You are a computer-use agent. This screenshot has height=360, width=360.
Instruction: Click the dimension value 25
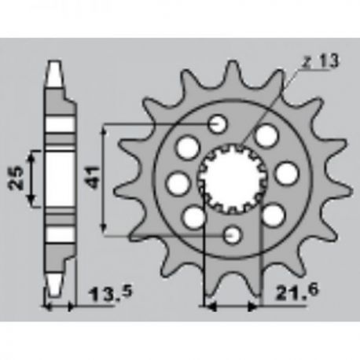pyautogui.click(x=16, y=178)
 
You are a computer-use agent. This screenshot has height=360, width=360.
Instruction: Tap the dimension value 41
pyautogui.click(x=94, y=177)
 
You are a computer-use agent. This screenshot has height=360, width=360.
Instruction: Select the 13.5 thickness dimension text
pyautogui.click(x=111, y=293)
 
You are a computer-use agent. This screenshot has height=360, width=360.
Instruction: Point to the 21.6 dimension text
pyautogui.click(x=297, y=292)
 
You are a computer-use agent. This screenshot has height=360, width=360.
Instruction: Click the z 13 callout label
pyautogui.click(x=320, y=61)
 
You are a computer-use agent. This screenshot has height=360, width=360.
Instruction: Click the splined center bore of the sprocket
pyautogui.click(x=233, y=178)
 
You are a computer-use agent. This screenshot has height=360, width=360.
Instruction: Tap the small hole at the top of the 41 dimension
pyautogui.click(x=217, y=123)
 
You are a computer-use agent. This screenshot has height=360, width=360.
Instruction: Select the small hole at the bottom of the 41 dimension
pyautogui.click(x=232, y=235)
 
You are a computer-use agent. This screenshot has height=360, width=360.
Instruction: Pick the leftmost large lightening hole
pyautogui.click(x=178, y=183)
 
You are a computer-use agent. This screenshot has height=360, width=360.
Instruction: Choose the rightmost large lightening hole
pyautogui.click(x=287, y=174)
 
